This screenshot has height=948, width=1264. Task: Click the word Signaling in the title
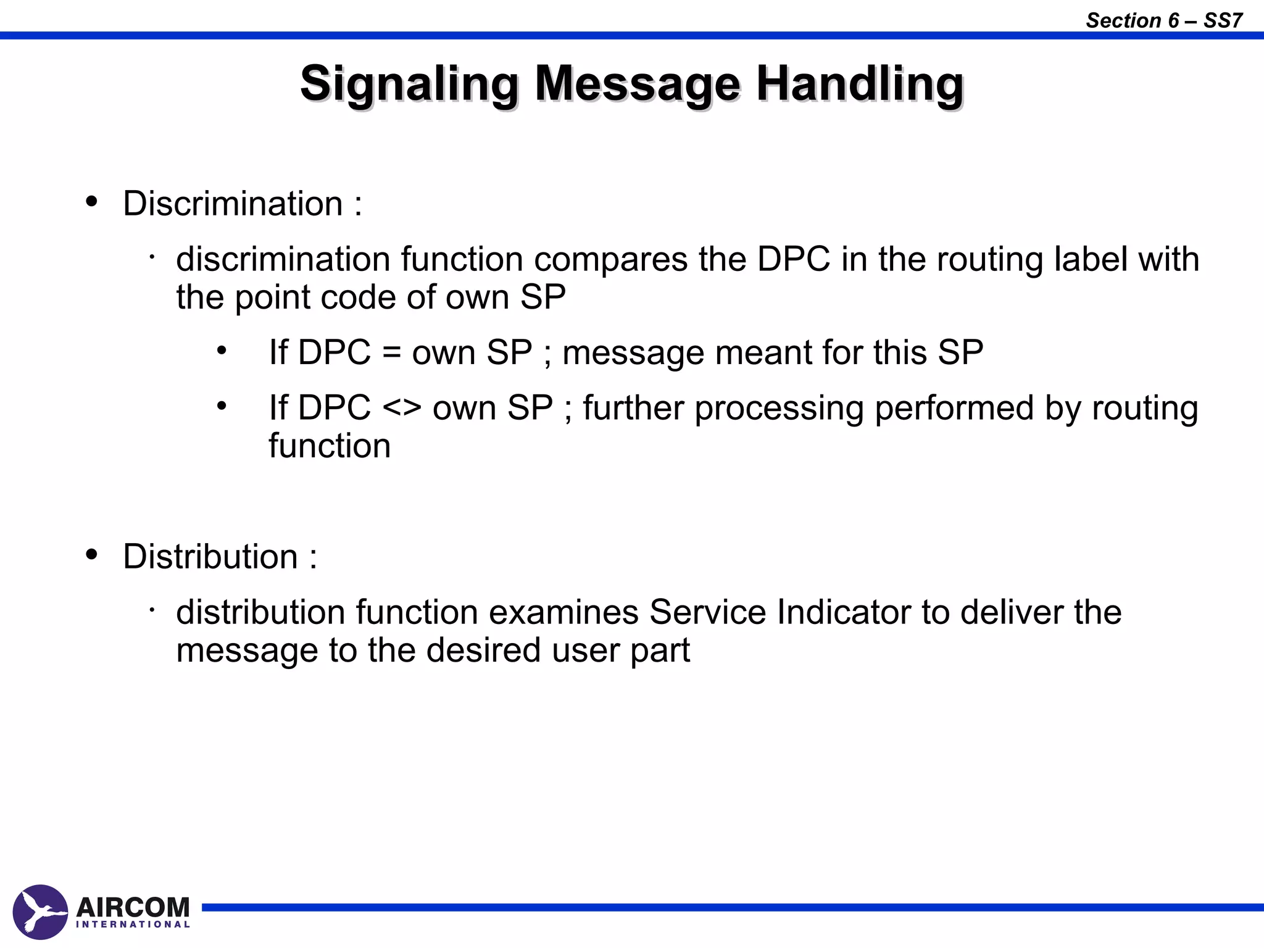click(409, 84)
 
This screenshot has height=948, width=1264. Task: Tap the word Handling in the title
click(860, 84)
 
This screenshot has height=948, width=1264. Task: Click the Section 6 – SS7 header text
click(1164, 20)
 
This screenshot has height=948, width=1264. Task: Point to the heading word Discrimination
click(233, 204)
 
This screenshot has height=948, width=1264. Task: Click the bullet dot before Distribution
click(92, 554)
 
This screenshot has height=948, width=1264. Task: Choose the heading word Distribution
click(210, 557)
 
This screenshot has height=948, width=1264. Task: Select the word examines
click(563, 612)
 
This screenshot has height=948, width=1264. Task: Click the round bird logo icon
click(40, 912)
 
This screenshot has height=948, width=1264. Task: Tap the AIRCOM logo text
click(133, 907)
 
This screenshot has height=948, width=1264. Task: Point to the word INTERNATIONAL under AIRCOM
click(133, 925)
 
